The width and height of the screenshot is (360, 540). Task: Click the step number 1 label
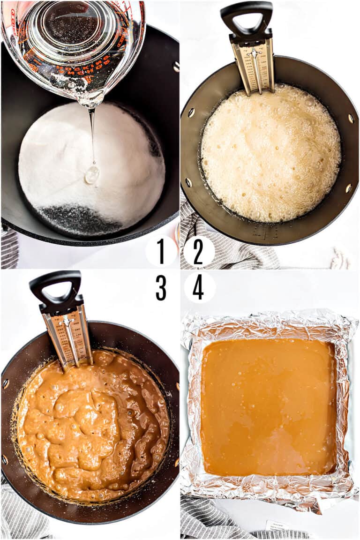coord(161,251)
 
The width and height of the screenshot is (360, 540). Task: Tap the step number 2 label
coord(198,251)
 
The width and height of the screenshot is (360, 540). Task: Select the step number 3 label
coord(161,287)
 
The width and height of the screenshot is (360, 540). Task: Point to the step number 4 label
coord(198,287)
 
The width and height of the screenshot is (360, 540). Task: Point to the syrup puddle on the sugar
coord(92,174)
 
